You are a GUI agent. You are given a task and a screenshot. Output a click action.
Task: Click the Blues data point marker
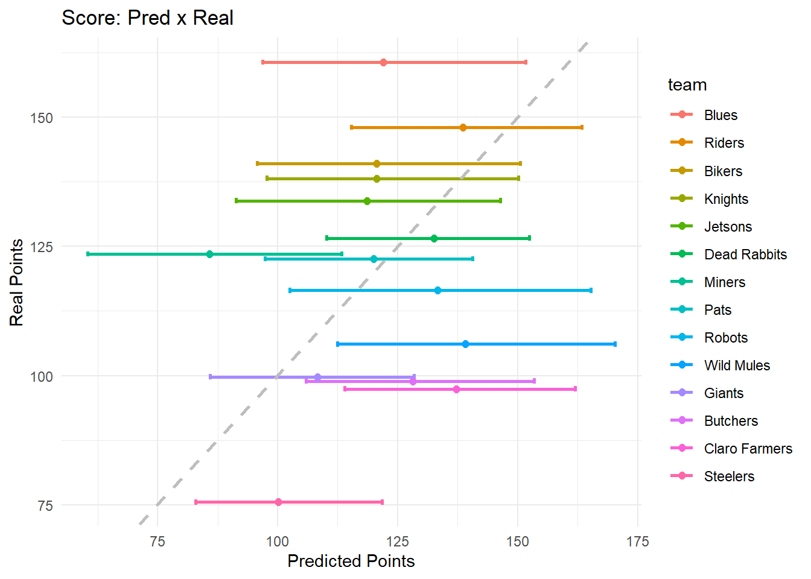pos(383,62)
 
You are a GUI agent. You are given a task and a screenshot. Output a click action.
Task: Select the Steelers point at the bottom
pos(278,502)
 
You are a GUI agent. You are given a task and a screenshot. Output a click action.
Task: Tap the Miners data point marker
pos(209,254)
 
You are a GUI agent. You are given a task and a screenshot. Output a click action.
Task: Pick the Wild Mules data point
pos(465,344)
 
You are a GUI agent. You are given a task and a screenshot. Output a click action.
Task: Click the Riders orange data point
pos(463,127)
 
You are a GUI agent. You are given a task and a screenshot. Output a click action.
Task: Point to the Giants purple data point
pos(318,377)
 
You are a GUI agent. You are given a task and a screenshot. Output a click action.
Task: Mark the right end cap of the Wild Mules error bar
pos(615,344)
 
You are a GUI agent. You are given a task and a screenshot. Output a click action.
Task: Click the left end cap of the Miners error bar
pos(88,254)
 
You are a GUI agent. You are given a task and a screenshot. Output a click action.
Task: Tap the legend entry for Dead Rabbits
pos(745,255)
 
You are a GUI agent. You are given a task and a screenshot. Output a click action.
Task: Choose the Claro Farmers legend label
pos(748,449)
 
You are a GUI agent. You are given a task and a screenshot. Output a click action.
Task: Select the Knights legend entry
pos(726,199)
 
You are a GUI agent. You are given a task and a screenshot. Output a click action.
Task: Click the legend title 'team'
pos(687,85)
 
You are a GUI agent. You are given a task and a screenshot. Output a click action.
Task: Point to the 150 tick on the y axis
pos(42,118)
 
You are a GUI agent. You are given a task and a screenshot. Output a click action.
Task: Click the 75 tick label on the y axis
pos(45,505)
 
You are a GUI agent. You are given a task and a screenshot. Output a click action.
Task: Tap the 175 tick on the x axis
pos(637,542)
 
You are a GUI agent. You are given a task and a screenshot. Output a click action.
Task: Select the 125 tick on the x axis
pos(398,542)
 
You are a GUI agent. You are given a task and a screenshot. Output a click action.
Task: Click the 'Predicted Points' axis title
pos(351,561)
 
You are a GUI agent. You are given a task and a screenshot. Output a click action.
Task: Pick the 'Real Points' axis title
pos(17,282)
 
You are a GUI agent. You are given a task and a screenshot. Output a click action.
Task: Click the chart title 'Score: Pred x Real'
pos(147,18)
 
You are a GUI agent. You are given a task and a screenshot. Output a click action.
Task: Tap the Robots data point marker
pos(437,290)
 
